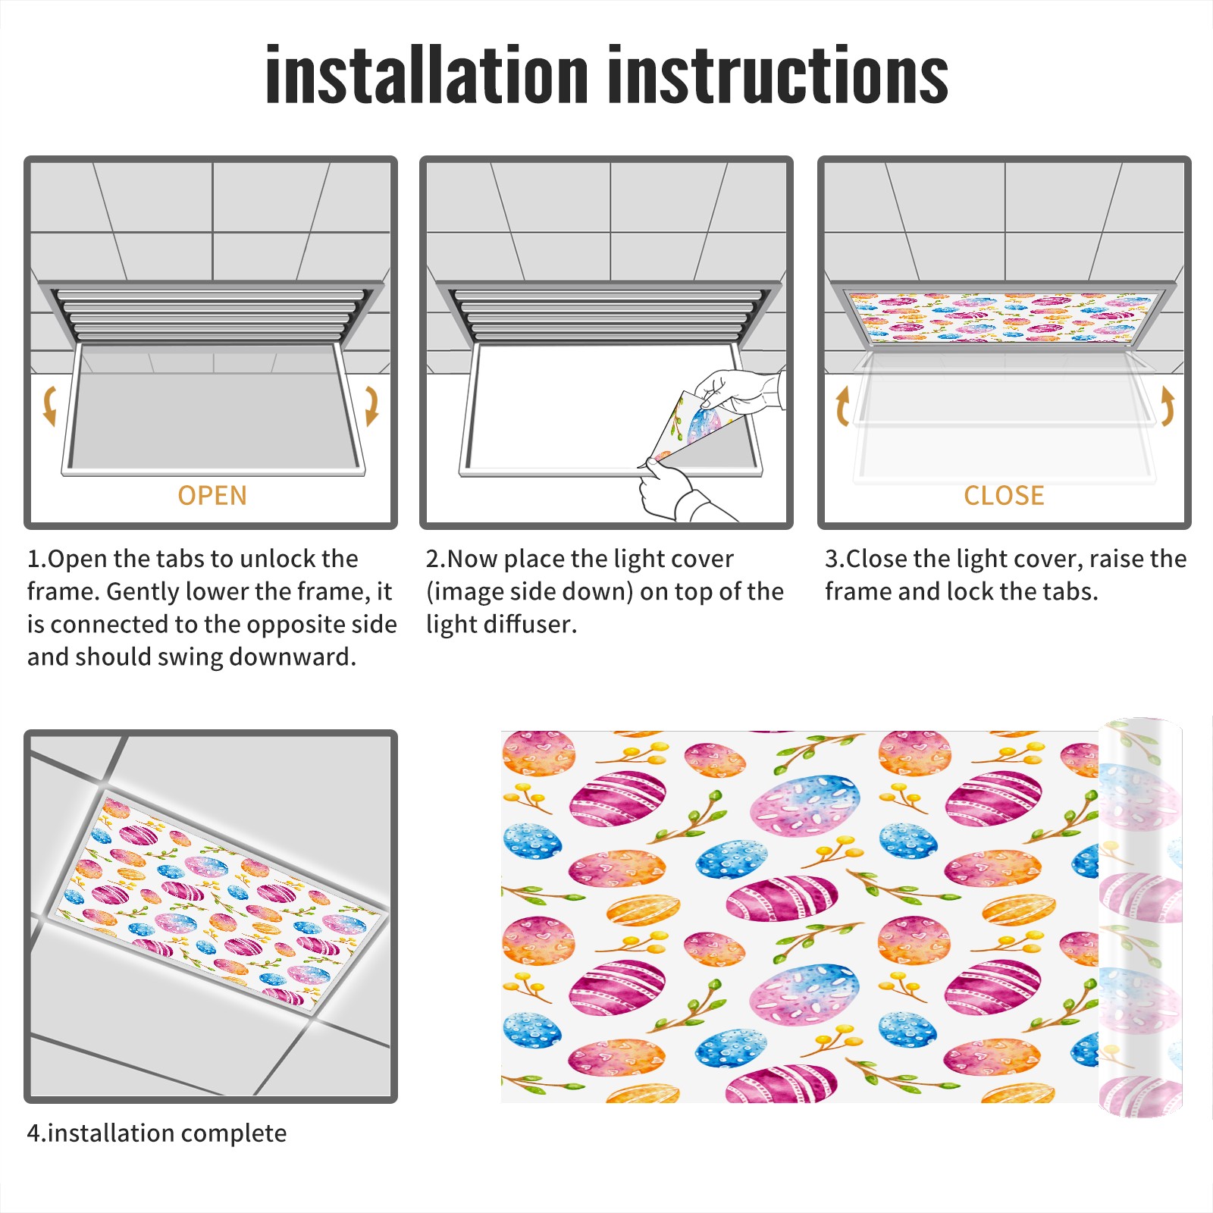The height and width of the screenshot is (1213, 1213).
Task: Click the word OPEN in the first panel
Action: pyautogui.click(x=212, y=496)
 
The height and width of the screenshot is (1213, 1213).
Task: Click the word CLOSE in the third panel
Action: pyautogui.click(x=1004, y=496)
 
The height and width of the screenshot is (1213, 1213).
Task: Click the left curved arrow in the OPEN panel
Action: pyautogui.click(x=49, y=406)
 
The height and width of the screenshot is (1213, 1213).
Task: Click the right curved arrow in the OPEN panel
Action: pyautogui.click(x=371, y=406)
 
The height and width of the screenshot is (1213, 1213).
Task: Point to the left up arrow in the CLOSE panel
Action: pyautogui.click(x=842, y=406)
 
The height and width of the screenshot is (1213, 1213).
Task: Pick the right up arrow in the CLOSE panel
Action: pyautogui.click(x=1168, y=406)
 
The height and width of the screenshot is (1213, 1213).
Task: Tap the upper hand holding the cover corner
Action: pyautogui.click(x=739, y=391)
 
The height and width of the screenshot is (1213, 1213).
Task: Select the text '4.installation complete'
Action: pyautogui.click(x=157, y=1133)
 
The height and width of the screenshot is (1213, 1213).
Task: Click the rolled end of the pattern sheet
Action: pyautogui.click(x=1140, y=917)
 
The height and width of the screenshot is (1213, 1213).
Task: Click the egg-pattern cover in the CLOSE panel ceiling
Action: pyautogui.click(x=1004, y=316)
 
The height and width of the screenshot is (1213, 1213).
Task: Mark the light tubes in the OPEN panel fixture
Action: pyautogui.click(x=212, y=315)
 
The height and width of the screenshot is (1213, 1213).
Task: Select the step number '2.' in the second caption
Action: pyautogui.click(x=436, y=559)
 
